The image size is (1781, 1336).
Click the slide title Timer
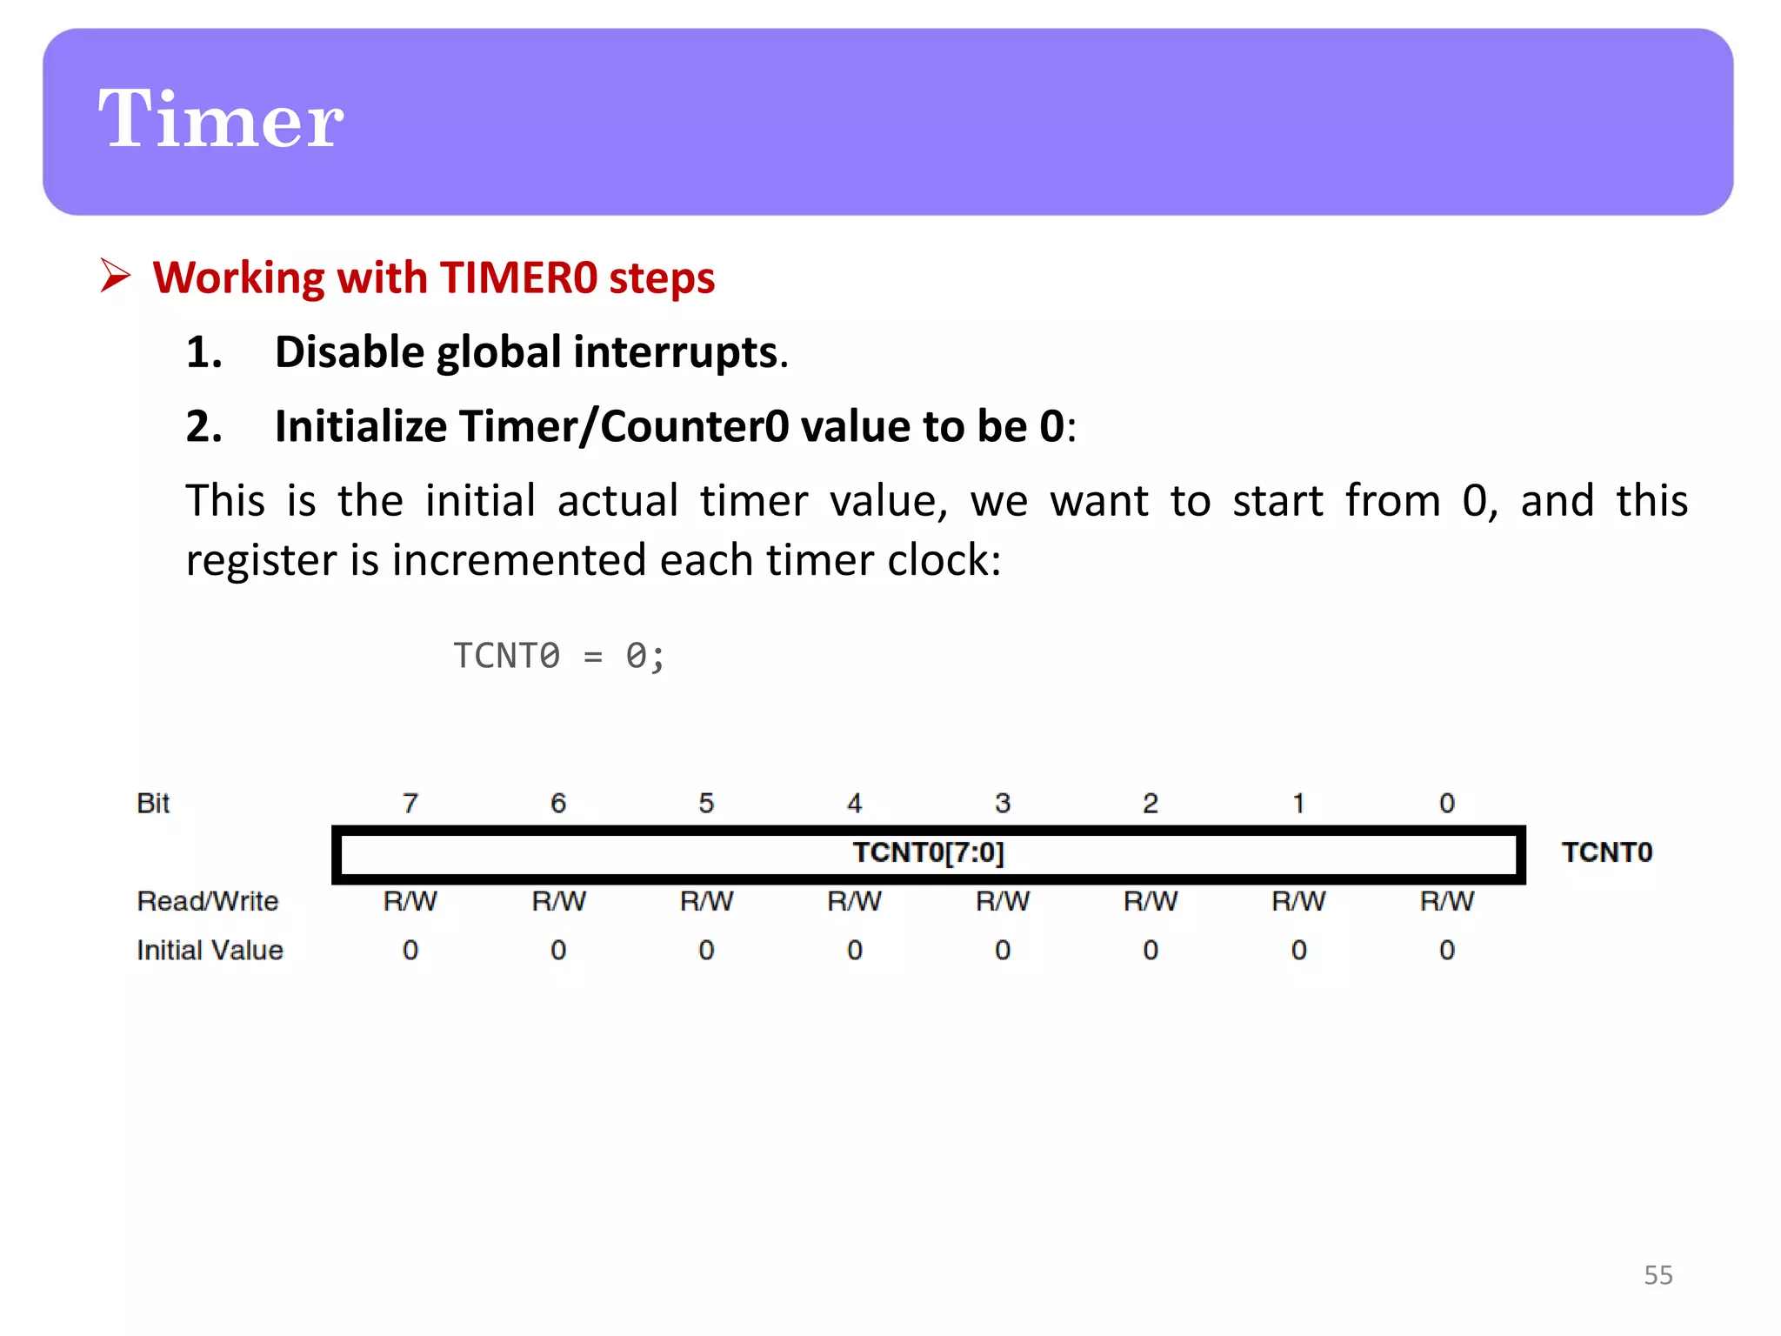(221, 120)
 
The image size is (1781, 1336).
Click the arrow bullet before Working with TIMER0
(115, 276)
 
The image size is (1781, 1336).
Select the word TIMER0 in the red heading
(518, 278)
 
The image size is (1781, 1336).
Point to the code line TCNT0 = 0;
(558, 656)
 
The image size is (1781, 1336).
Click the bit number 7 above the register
(410, 803)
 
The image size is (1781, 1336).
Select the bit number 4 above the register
(855, 803)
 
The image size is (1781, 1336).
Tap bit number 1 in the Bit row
(1298, 803)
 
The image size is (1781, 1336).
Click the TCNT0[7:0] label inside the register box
(928, 852)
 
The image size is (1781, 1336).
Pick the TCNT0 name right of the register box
(1606, 852)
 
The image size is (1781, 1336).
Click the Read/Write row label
(208, 901)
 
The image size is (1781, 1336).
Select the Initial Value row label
(210, 950)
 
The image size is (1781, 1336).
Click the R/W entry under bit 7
(410, 901)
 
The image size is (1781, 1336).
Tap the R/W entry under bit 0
(1446, 901)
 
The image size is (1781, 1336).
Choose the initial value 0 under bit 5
(706, 950)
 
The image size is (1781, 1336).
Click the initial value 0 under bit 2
(1151, 950)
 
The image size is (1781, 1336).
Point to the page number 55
(1658, 1275)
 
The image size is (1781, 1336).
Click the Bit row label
(153, 803)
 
